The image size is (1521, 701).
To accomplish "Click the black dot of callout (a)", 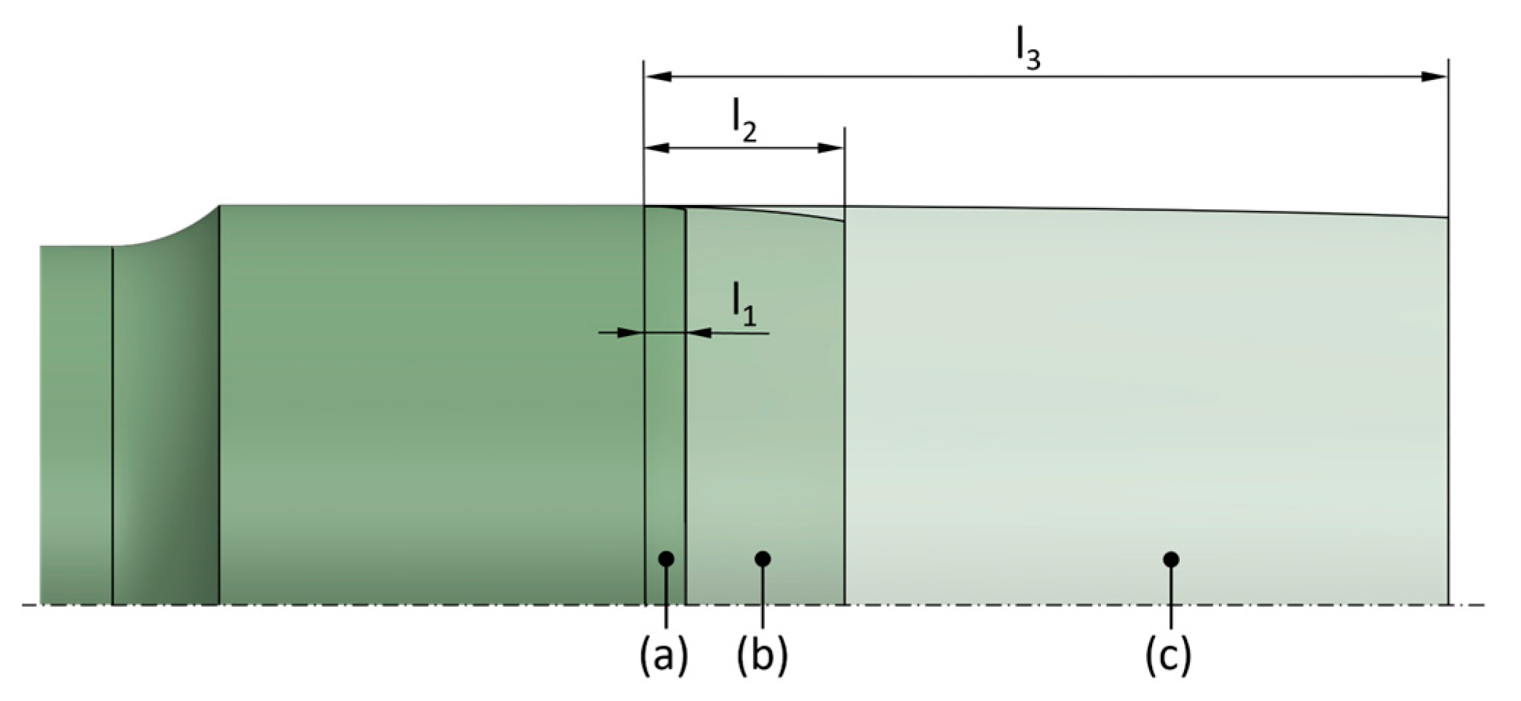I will (x=665, y=558).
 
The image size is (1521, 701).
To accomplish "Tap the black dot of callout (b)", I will (x=763, y=558).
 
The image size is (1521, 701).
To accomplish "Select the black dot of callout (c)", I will (x=1171, y=559).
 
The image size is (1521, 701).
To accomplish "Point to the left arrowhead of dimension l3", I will (x=658, y=76).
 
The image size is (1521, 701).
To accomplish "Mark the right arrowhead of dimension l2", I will (x=831, y=148).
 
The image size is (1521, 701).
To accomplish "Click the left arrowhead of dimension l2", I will (x=658, y=148).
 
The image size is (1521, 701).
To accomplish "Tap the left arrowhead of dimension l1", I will (x=630, y=333).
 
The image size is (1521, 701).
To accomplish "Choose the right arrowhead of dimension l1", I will (x=699, y=333).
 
